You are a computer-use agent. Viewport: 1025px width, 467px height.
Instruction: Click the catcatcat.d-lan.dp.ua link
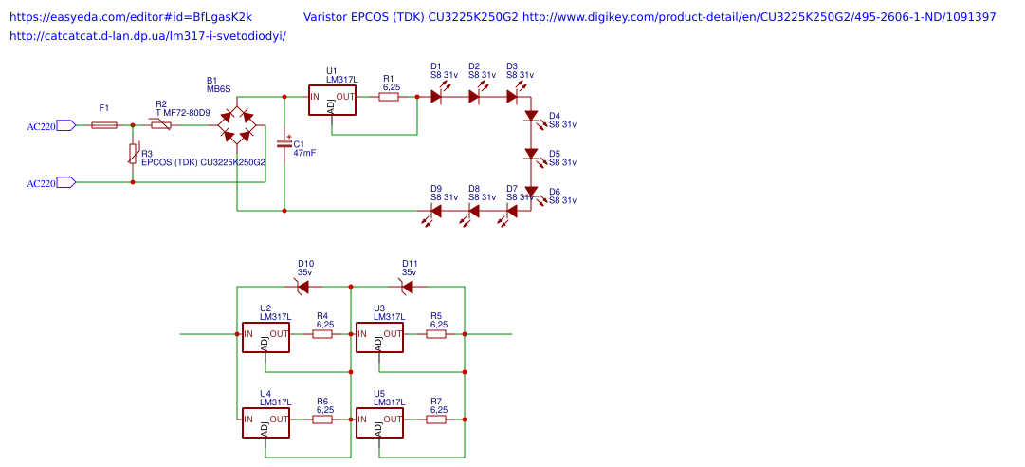pos(147,36)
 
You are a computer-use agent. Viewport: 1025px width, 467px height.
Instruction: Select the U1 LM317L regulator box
pos(332,101)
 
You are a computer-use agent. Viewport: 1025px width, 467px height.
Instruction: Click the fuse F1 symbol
pos(104,125)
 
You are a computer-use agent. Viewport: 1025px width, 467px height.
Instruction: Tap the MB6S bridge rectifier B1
pos(236,125)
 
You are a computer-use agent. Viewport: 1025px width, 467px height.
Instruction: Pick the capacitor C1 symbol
pos(284,143)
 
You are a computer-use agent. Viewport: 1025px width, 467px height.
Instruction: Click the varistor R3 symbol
pos(133,154)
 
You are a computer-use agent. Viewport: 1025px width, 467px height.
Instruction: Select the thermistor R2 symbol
pos(161,125)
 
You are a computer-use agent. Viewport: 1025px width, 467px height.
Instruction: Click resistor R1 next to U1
pos(389,97)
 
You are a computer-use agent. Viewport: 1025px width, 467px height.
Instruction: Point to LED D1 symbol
pos(436,97)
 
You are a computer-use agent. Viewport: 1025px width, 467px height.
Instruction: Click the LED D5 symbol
pos(531,154)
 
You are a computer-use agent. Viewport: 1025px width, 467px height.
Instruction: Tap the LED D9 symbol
pos(436,211)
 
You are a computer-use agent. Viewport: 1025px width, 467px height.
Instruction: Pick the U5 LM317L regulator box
pos(379,423)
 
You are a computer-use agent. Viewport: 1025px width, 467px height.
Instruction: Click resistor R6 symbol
pos(322,420)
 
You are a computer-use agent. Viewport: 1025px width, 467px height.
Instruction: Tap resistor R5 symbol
pos(436,334)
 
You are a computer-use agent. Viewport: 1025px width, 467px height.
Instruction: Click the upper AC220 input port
pos(65,125)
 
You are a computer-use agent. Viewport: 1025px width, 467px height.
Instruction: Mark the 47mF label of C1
pos(304,153)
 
